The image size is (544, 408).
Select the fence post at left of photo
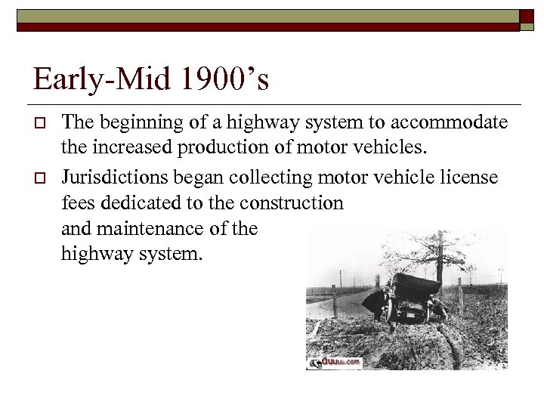[334, 301]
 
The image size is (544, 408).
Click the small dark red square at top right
[527, 18]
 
